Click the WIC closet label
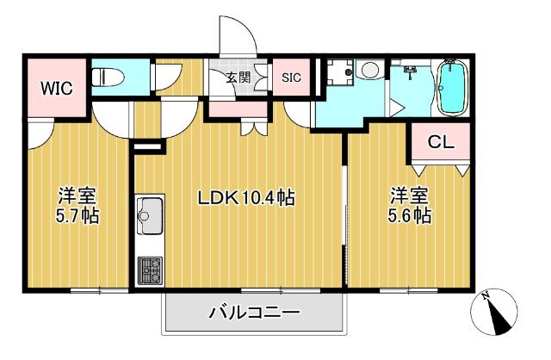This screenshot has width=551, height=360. click(57, 88)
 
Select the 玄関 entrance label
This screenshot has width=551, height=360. click(238, 78)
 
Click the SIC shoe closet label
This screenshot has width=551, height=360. click(291, 78)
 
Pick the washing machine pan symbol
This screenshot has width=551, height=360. click(340, 72)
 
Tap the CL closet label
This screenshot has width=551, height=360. click(441, 142)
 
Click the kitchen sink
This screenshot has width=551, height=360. click(151, 214)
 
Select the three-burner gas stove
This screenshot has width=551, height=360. click(151, 270)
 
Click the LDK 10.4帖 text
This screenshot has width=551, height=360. click(246, 198)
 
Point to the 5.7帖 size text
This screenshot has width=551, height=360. click(77, 216)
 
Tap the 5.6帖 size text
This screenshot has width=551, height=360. click(410, 215)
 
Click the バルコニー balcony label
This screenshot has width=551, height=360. click(255, 312)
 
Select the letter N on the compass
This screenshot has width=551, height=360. click(486, 296)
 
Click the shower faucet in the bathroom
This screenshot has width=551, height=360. click(411, 71)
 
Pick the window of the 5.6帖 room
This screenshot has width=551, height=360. click(409, 291)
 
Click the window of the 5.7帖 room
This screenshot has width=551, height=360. click(100, 291)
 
